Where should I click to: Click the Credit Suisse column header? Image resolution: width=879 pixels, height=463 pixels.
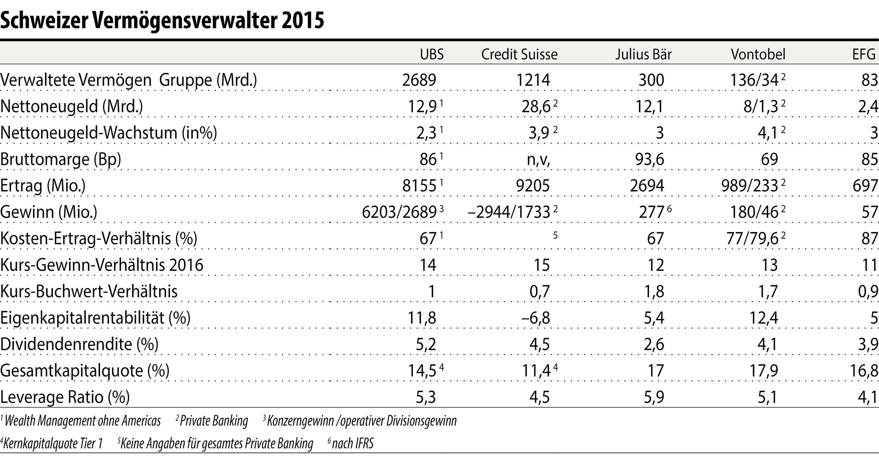pos(519,54)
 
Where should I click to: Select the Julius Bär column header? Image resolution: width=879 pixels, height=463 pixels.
pos(643,54)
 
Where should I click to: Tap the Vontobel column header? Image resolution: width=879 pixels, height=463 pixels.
pos(758,54)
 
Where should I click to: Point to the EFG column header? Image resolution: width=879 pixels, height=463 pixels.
pos(864,54)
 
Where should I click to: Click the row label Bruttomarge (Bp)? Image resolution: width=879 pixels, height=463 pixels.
pos(61,160)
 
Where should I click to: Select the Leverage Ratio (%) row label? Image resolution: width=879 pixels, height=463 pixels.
pos(65,397)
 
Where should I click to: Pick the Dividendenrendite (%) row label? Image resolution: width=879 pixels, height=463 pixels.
pos(79,344)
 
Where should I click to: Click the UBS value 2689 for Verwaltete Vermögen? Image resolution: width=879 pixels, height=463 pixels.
pos(419,80)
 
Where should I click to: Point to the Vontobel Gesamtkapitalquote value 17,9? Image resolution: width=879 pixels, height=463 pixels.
pos(763,370)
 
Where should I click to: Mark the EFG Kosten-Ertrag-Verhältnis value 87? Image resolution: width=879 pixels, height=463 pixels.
pos(870,239)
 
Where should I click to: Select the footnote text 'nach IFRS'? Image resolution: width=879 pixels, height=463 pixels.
pos(352,443)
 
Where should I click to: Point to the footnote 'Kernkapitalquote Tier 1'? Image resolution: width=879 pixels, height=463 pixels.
pos(53,443)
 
